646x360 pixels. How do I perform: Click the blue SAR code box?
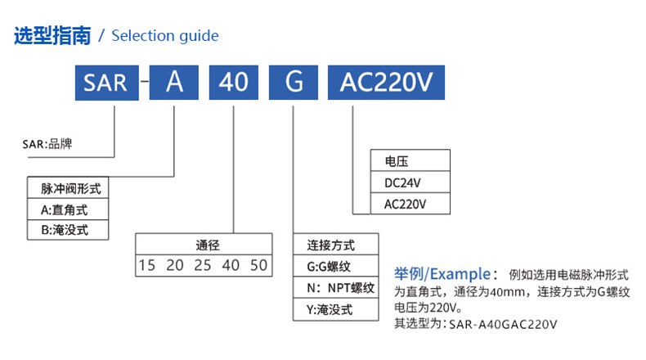106,83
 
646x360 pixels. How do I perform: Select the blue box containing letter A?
174,83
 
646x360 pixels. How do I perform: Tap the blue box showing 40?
234,83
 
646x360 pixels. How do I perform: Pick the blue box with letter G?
294,83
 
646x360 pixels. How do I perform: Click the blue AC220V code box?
386,83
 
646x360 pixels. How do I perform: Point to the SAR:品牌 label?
47,144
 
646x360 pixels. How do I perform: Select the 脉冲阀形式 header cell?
68,188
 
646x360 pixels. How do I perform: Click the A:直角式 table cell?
68,209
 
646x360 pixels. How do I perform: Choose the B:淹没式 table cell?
68,230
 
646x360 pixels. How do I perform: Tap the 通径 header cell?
204,245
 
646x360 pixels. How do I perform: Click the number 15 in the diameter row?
146,265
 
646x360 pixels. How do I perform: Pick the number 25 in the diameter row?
203,265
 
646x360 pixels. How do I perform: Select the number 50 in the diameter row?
258,265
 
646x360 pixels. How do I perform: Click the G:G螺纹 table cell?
336,266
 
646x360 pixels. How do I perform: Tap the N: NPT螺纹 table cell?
336,287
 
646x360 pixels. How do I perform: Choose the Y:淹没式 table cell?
336,309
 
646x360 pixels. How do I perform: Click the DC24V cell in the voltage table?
410,182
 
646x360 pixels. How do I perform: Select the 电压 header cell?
410,161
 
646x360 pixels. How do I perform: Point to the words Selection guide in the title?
165,36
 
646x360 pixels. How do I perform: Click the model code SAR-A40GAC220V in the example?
503,324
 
